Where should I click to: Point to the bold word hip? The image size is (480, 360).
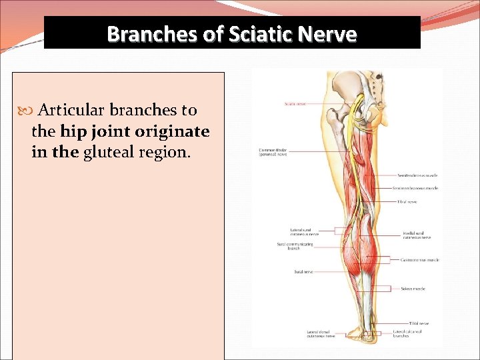[73, 131]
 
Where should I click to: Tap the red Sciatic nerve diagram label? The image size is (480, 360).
[296, 103]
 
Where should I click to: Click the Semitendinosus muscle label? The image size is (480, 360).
[417, 176]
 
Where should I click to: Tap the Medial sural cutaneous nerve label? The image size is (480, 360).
[417, 235]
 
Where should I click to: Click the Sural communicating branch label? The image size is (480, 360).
[293, 246]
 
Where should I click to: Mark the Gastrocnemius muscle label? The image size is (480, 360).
[420, 259]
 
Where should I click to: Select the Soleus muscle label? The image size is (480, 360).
[413, 289]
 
